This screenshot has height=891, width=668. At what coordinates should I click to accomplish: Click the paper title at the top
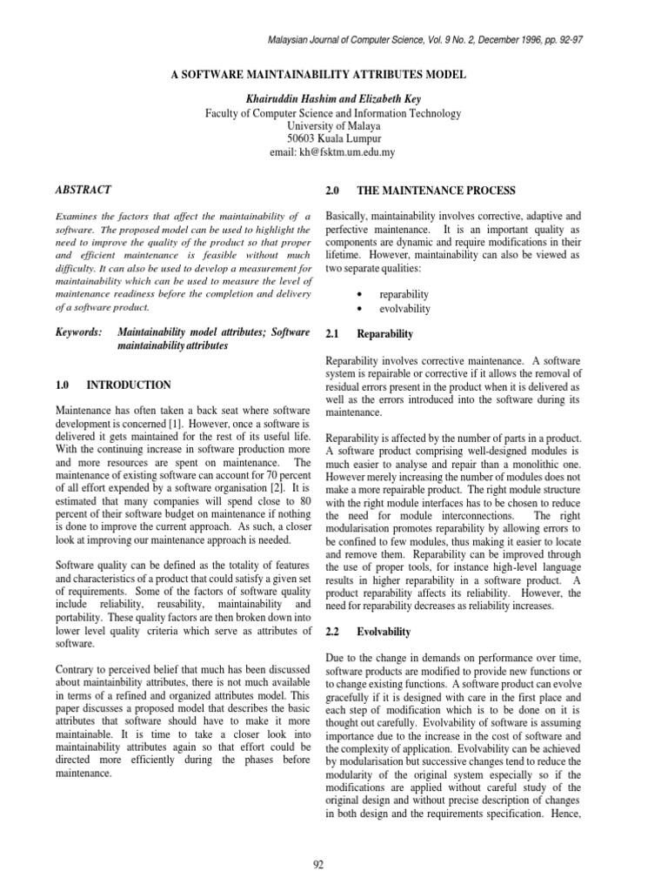pos(333,76)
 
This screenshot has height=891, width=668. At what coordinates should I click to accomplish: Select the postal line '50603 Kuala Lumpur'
pos(333,138)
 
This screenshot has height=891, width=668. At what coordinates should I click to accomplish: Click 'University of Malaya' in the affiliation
pos(333,125)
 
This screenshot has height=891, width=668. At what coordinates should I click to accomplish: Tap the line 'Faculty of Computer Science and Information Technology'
pos(333,112)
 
